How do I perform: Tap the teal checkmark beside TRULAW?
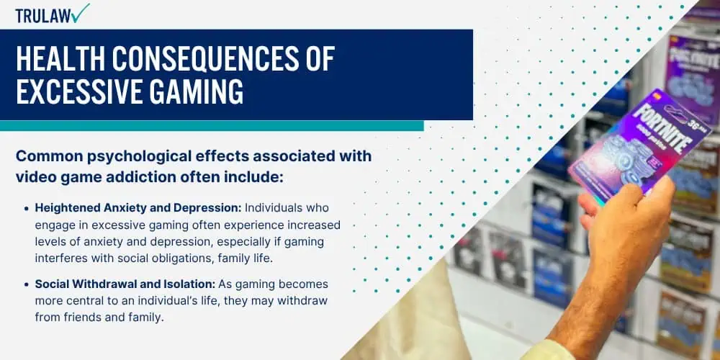coord(80,12)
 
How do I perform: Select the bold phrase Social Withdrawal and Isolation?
coord(125,284)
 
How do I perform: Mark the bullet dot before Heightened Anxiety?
coord(27,209)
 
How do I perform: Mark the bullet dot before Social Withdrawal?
coord(27,284)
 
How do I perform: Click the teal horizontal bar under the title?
coord(212,126)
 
